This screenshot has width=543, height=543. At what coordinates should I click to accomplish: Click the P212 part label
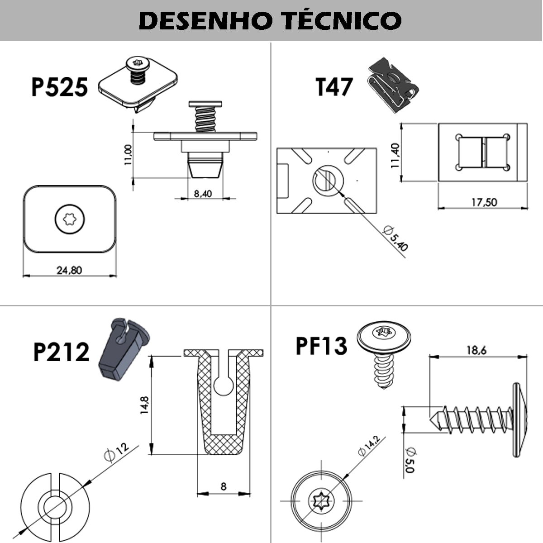pos(62,352)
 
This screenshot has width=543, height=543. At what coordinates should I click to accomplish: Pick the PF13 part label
pos(321,346)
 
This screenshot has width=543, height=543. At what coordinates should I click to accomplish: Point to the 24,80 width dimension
pos(69,270)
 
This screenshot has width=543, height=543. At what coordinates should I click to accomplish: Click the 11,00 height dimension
pos(128,155)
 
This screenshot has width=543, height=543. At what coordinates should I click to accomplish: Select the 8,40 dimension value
pos(203,194)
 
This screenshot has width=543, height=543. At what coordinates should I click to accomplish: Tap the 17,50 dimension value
pos(484,202)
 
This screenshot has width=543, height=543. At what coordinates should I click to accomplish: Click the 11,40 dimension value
pos(395,155)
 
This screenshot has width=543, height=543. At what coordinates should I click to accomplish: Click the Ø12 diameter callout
pos(116,451)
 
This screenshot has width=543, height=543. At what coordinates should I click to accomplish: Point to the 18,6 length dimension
pos(476,350)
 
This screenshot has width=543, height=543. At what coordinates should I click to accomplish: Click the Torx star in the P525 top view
pos(70,219)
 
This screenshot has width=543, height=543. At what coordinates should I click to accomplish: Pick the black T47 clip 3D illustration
pos(391,85)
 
